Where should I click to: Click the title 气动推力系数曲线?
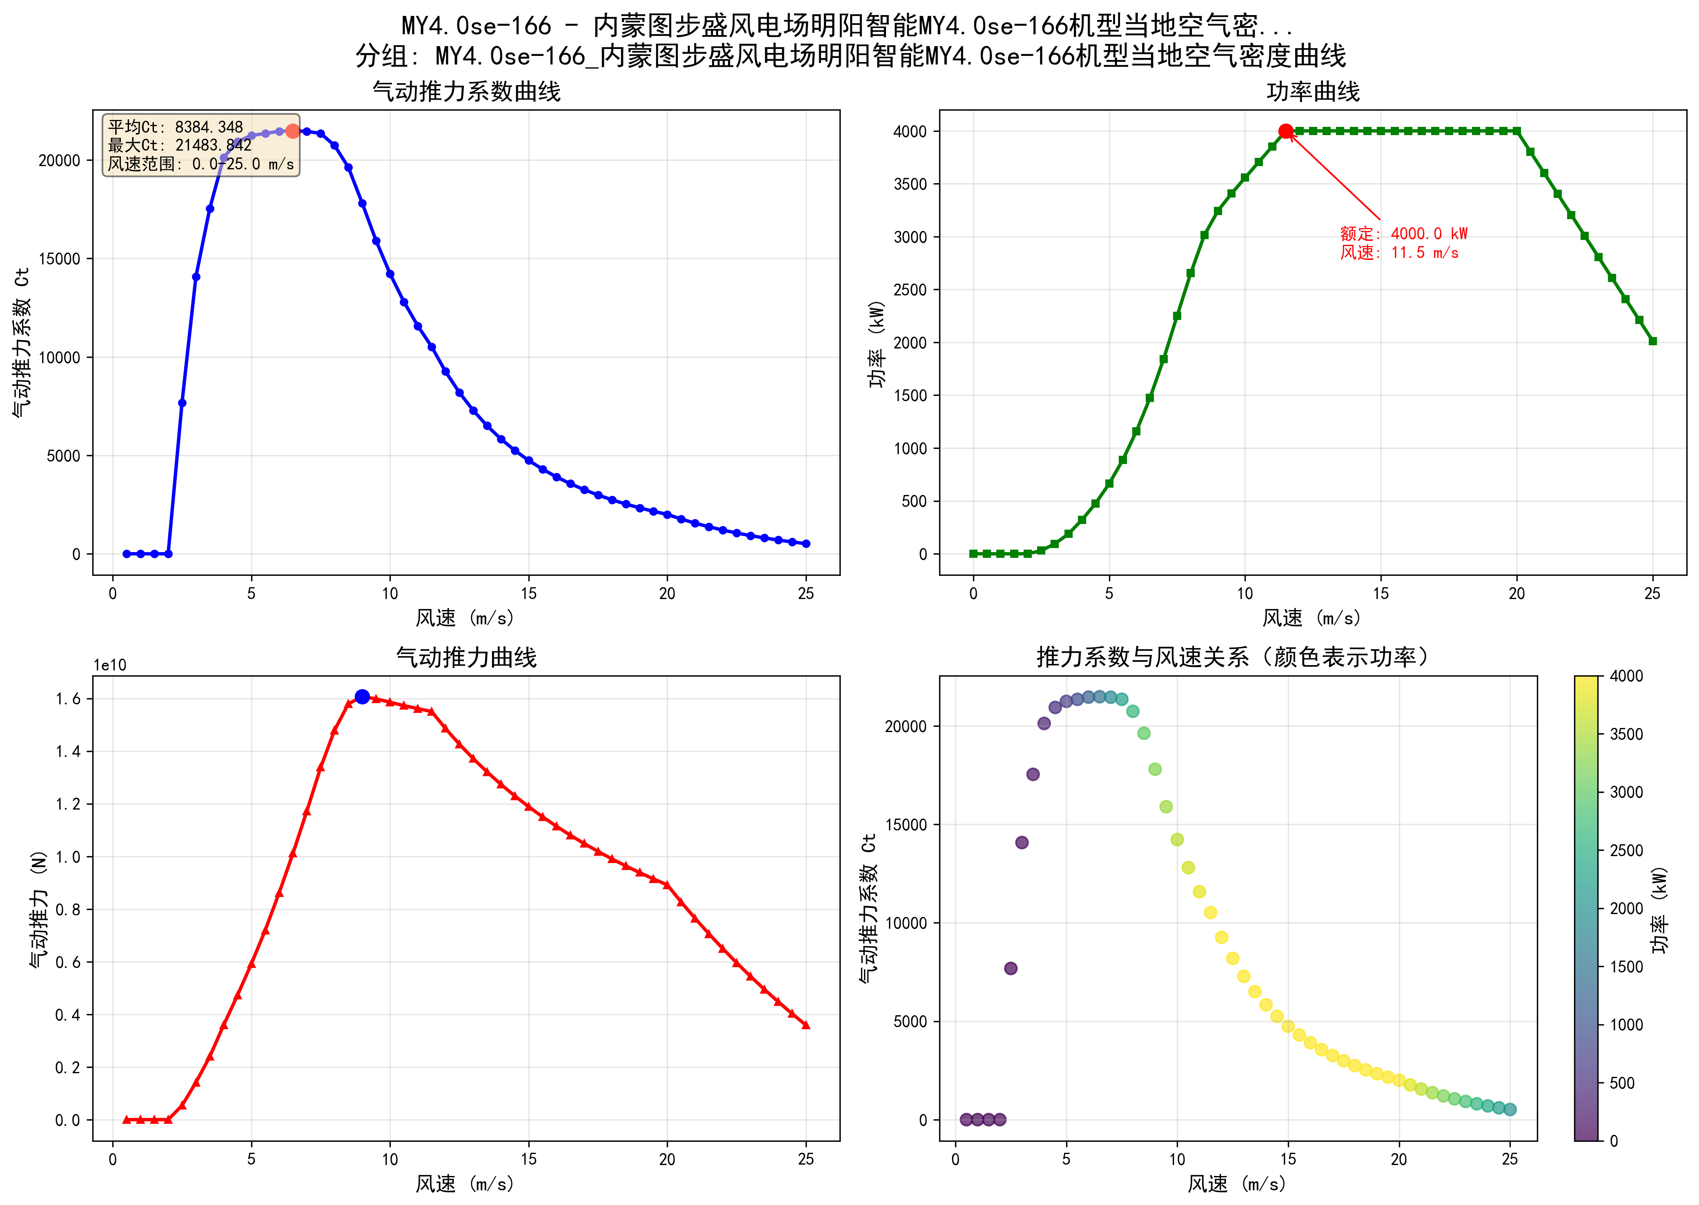(466, 92)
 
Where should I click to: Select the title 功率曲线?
(1312, 92)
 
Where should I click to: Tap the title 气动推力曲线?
(466, 657)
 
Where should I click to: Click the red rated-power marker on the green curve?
(1285, 131)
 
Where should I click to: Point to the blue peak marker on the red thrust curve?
(362, 697)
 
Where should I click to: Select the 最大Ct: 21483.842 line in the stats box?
(180, 145)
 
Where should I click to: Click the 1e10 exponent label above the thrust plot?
(110, 666)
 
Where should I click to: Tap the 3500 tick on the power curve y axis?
(910, 184)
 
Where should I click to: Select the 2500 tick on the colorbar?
(1626, 850)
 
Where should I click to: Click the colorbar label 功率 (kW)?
(1660, 909)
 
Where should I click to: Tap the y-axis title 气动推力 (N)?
(39, 909)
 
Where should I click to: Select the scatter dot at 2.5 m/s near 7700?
(1010, 968)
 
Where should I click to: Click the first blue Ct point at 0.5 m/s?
(127, 553)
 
